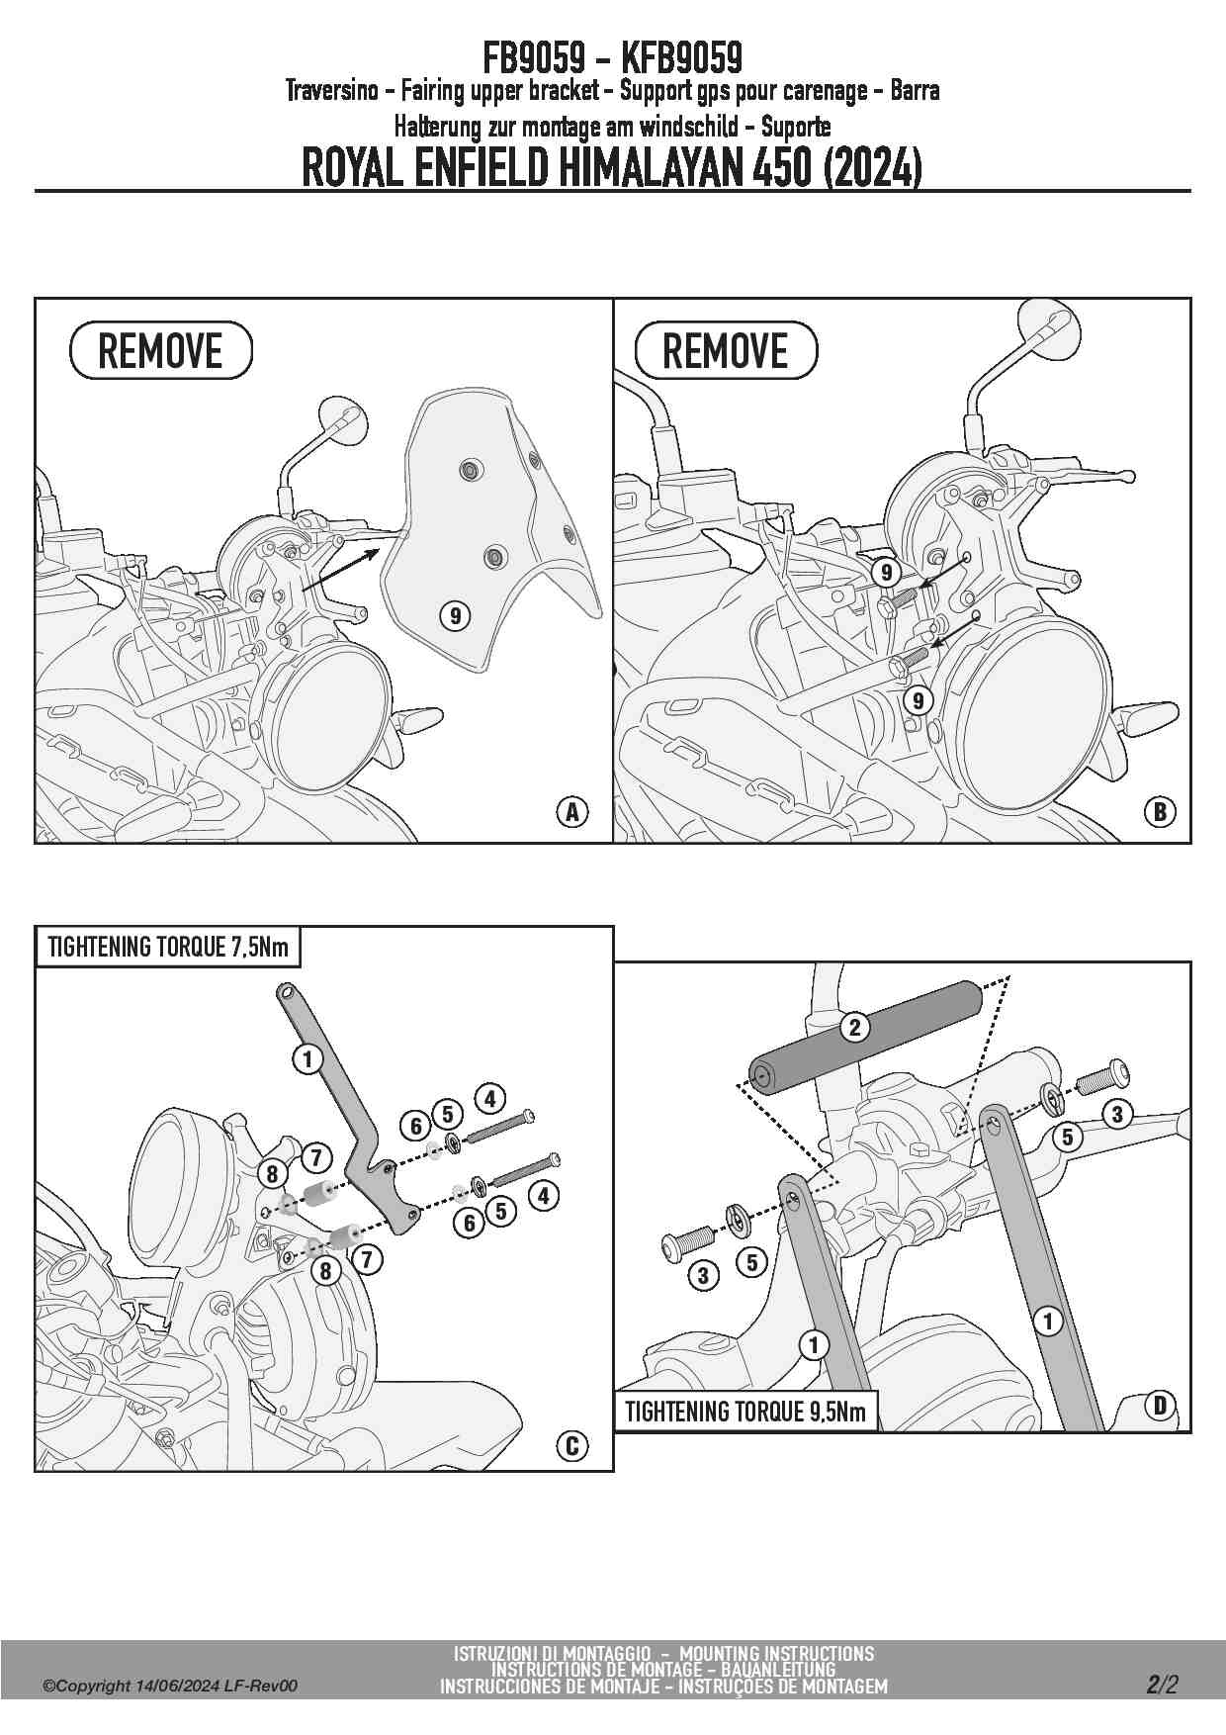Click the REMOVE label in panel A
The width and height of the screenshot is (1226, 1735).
[x=161, y=350]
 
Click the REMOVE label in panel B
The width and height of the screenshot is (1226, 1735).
[x=726, y=350]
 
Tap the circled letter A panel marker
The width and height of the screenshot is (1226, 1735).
[x=571, y=812]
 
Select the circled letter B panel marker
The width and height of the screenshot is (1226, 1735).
[x=1160, y=812]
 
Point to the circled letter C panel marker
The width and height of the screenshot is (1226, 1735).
[x=571, y=1446]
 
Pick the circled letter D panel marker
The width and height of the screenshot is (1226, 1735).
[x=1160, y=1405]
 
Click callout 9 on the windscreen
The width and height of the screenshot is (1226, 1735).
[x=455, y=616]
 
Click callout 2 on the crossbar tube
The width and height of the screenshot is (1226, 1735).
[x=855, y=1027]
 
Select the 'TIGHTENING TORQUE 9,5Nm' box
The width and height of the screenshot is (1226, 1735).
[x=745, y=1411]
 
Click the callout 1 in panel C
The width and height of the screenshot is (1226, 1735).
[x=307, y=1059]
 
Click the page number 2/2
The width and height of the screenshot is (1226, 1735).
[x=1162, y=1685]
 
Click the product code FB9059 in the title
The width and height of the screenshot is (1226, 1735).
[x=534, y=58]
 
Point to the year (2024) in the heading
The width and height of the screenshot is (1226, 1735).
[x=872, y=168]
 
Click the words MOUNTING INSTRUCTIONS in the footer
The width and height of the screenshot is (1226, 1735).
[x=777, y=1653]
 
